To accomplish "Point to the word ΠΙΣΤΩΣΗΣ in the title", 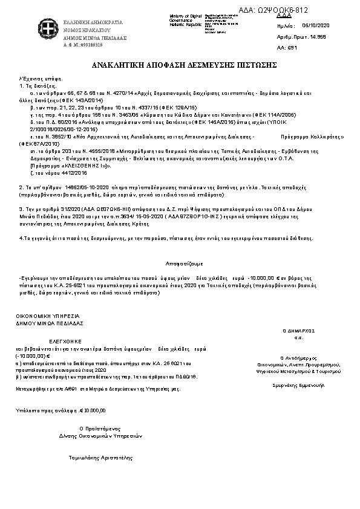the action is click(257, 64).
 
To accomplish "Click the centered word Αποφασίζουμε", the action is click(179, 264).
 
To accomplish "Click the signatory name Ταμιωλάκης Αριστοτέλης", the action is click(101, 458).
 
